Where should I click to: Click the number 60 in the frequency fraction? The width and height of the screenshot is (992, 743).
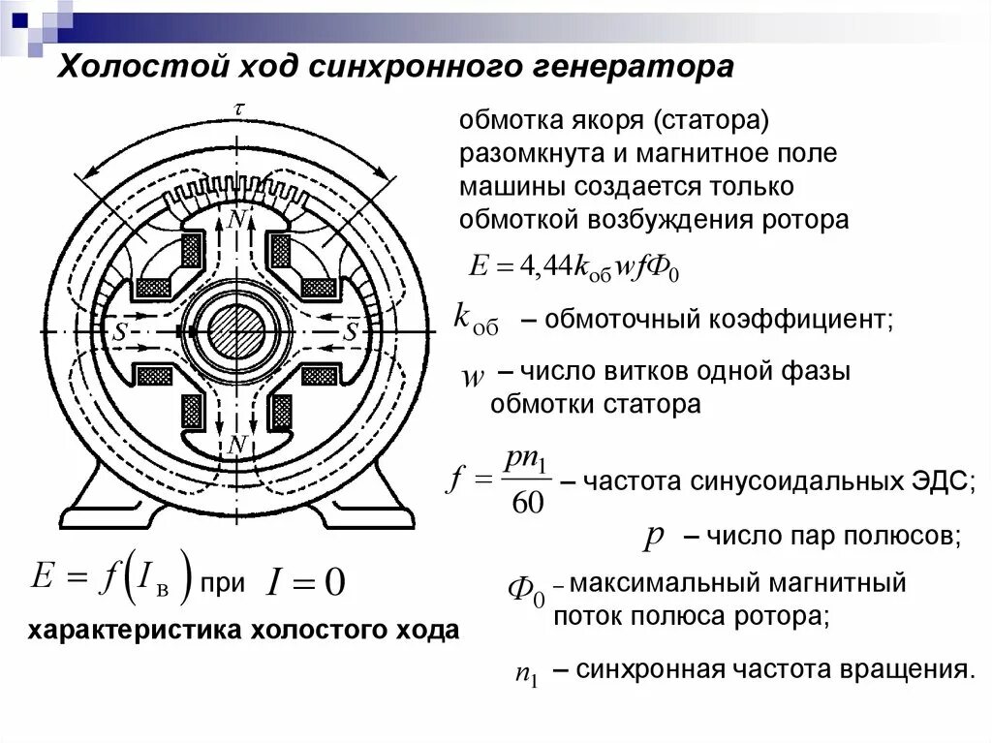tap(525, 502)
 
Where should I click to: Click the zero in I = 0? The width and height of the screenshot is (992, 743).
tap(332, 582)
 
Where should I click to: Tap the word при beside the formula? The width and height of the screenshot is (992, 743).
tap(222, 584)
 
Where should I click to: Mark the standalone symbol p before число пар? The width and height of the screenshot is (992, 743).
tap(653, 538)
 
